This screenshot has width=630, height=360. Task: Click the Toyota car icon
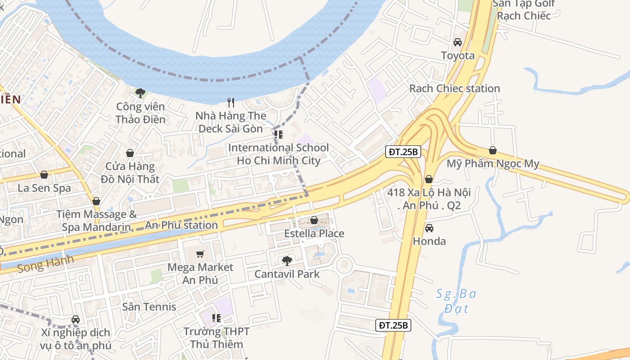(457, 42)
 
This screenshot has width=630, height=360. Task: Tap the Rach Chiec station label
(454, 88)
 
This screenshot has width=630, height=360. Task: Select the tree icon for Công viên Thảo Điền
(140, 93)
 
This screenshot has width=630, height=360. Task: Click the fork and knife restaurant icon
(231, 103)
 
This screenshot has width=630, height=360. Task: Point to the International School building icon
(279, 134)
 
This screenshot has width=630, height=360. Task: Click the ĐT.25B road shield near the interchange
(403, 152)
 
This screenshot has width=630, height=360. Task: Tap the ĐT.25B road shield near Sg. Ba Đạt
(393, 325)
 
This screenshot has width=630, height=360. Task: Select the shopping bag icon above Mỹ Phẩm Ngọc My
(493, 150)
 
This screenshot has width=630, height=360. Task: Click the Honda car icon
(429, 228)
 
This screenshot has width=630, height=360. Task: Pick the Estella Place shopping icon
(314, 220)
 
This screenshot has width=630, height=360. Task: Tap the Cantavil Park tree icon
(287, 261)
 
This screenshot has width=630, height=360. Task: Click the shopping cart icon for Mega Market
(200, 254)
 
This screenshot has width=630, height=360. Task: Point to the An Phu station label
(181, 225)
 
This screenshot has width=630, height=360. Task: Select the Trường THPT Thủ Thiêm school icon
(216, 318)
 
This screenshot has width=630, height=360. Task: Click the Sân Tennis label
(149, 307)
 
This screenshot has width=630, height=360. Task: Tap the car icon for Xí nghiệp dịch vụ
(76, 319)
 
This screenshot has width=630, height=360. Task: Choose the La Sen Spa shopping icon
(44, 175)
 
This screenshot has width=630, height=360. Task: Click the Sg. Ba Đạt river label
(456, 301)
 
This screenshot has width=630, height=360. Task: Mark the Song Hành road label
(45, 264)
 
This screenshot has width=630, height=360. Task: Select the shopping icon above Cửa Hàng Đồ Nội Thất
(130, 153)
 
